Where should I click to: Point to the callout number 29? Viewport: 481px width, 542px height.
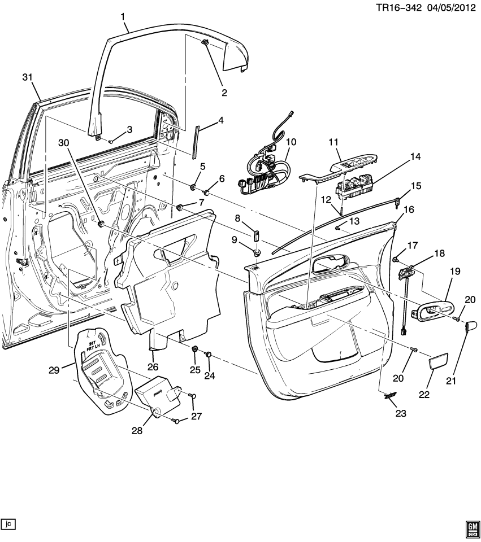pyautogui.click(x=54, y=370)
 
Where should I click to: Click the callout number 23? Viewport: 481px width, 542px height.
pyautogui.click(x=401, y=414)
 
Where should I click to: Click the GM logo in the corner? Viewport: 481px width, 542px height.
pyautogui.click(x=471, y=530)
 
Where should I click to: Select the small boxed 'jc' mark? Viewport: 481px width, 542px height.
pyautogui.click(x=8, y=523)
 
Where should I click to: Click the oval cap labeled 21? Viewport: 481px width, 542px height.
pyautogui.click(x=472, y=326)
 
